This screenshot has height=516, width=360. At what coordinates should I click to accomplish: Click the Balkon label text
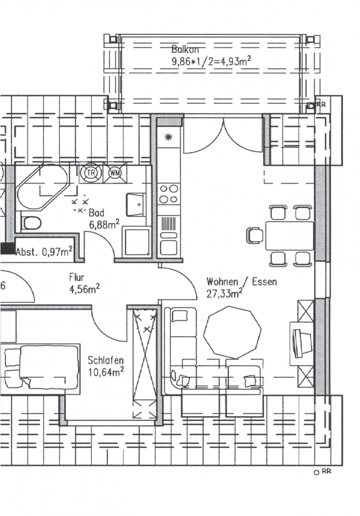pyautogui.click(x=185, y=50)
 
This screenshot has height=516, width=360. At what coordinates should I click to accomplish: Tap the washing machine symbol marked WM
pyautogui.click(x=115, y=173)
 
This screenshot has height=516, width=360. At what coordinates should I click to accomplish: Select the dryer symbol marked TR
pyautogui.click(x=91, y=173)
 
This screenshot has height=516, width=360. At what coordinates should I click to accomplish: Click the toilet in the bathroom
pyautogui.click(x=31, y=223)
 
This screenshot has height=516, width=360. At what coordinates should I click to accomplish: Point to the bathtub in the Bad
pyautogui.click(x=41, y=186)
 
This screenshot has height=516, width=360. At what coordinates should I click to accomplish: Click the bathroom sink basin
pyautogui.click(x=136, y=204)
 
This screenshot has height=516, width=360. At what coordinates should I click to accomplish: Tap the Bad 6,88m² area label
pyautogui.click(x=104, y=218)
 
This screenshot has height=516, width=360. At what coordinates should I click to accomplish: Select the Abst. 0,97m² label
pyautogui.click(x=44, y=252)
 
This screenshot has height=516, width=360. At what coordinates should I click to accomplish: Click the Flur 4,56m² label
pyautogui.click(x=85, y=283)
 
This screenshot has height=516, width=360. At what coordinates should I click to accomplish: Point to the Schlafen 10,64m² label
pyautogui.click(x=105, y=366)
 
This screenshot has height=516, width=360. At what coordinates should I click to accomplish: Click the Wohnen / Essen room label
pyautogui.click(x=241, y=282)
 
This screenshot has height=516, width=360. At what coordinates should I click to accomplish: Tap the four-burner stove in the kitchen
pyautogui.click(x=168, y=194)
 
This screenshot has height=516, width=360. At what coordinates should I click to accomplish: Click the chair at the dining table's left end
pyautogui.click(x=255, y=235)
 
